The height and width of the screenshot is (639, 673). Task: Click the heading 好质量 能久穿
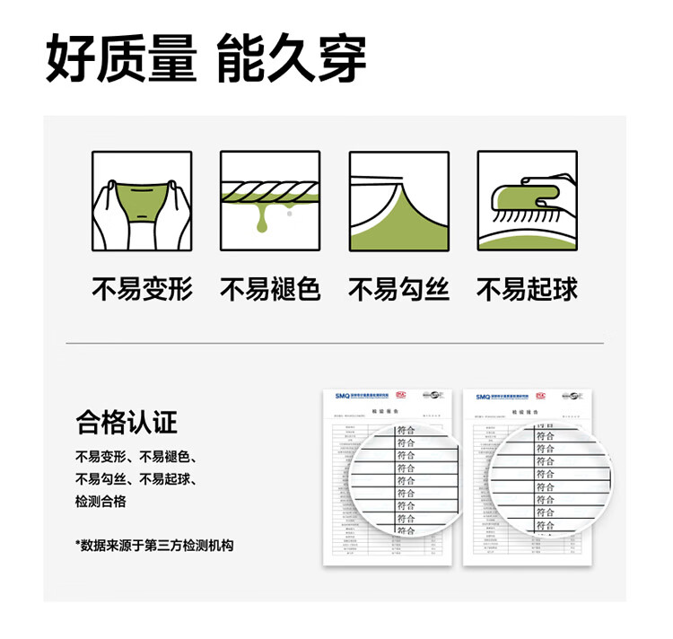click(x=206, y=59)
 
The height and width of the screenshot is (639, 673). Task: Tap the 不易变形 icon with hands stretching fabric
click(x=141, y=200)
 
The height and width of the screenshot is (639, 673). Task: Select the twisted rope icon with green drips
click(x=269, y=200)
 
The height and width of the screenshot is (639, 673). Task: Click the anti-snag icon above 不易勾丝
click(x=398, y=200)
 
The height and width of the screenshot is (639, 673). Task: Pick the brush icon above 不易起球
click(x=527, y=200)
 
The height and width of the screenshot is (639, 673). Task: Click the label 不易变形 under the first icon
click(x=142, y=289)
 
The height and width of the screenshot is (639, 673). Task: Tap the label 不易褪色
click(x=270, y=289)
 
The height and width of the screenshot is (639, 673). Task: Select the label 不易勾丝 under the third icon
click(x=398, y=289)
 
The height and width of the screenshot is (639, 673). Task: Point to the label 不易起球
click(x=527, y=289)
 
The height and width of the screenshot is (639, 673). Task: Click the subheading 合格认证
click(x=127, y=422)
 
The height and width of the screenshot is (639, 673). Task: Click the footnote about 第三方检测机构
click(x=154, y=545)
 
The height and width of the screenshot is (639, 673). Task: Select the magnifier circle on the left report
click(x=406, y=479)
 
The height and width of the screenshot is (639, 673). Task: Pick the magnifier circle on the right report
click(x=546, y=479)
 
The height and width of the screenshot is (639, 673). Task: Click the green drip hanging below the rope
click(x=262, y=221)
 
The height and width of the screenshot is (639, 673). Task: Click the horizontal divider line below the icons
click(x=334, y=343)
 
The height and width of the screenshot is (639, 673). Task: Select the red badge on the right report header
click(x=539, y=395)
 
